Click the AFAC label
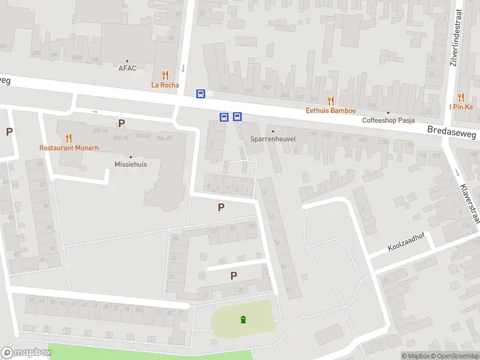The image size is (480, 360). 127,68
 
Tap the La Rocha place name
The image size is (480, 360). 165,85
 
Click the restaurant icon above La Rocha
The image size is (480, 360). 165,76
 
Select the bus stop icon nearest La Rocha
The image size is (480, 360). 201,94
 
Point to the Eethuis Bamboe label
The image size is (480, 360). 331,110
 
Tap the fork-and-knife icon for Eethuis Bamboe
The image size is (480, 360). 331,101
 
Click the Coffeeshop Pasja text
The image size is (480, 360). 388,120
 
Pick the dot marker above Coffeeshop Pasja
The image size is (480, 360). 388,112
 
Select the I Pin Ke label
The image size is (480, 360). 461,107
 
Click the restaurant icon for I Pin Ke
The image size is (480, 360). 461,97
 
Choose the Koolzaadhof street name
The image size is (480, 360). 406,247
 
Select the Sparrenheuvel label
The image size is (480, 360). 273,139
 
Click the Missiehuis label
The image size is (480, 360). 131,164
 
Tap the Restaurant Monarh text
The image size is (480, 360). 69,148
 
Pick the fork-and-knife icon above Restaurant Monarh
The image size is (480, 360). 69,138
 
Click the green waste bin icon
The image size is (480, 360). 243,319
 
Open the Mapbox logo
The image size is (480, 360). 26,353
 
